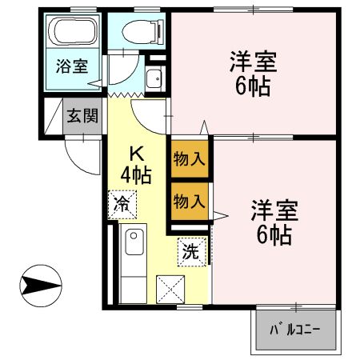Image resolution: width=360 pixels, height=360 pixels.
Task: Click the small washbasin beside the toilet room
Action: tap(154, 78)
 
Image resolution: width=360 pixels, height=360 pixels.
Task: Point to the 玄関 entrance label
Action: tap(82, 117)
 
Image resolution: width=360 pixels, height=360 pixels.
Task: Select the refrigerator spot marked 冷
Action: tap(122, 203)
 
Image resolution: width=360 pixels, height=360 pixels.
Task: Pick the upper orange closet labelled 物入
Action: tap(190, 159)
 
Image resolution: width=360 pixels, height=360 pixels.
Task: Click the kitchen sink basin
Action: tap(134, 241)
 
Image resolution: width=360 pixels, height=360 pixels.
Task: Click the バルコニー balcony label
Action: tap(294, 329)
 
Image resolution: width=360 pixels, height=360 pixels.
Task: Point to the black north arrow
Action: tap(41, 283)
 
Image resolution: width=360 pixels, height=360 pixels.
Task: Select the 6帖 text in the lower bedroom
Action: tap(274, 234)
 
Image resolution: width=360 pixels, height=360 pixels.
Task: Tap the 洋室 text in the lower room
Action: tap(274, 211)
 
